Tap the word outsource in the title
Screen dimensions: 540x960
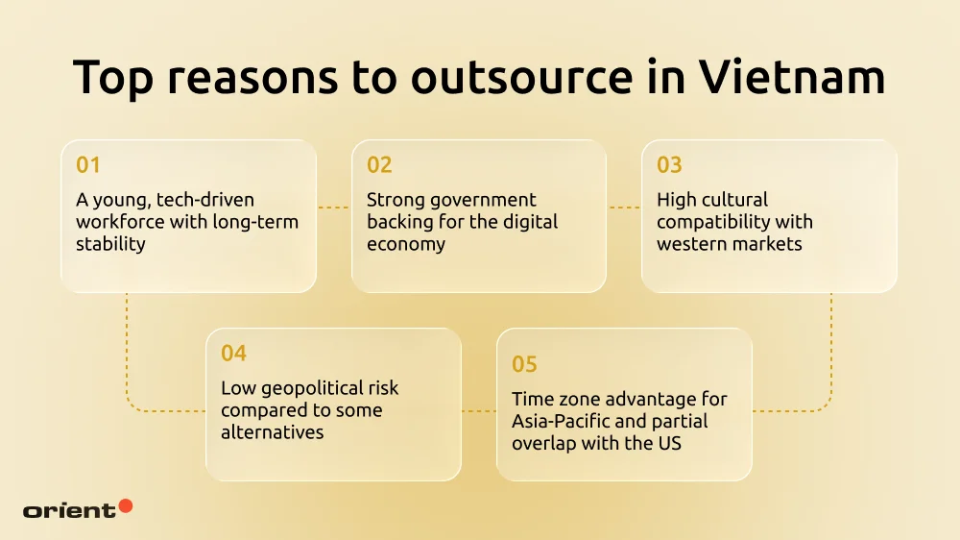click(x=521, y=77)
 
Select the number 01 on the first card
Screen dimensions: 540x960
click(x=88, y=165)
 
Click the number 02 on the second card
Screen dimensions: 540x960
click(x=379, y=165)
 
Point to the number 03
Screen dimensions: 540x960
click(x=669, y=165)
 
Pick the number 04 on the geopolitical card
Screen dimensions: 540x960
click(x=233, y=354)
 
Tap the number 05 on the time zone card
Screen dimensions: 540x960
click(x=524, y=364)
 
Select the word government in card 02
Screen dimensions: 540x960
click(x=486, y=200)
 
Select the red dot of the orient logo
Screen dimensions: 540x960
click(x=126, y=505)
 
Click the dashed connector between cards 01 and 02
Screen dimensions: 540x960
click(x=333, y=207)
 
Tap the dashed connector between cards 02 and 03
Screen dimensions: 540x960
click(x=624, y=207)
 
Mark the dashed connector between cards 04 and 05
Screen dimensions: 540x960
click(x=478, y=411)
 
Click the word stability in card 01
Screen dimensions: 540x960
click(x=110, y=244)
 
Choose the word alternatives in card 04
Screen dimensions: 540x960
click(x=273, y=432)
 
